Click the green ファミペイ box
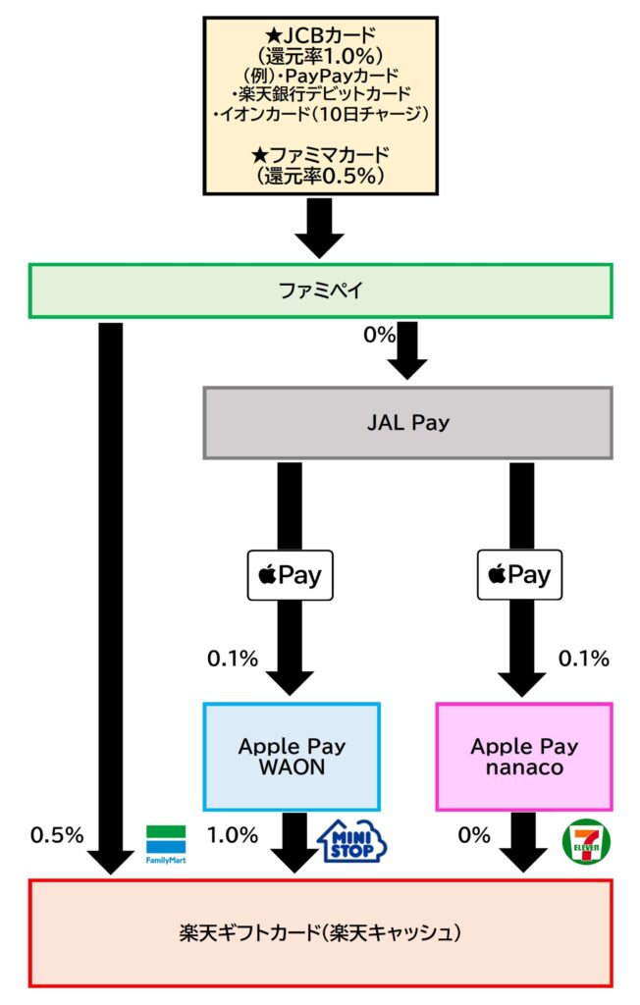pyautogui.click(x=320, y=291)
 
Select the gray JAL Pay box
pyautogui.click(x=407, y=423)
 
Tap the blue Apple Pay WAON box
pyautogui.click(x=292, y=756)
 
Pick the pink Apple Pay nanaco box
pyautogui.click(x=524, y=756)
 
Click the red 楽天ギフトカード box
pyautogui.click(x=320, y=932)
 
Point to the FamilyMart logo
pyautogui.click(x=165, y=845)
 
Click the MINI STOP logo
pyautogui.click(x=353, y=842)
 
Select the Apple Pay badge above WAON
pyautogui.click(x=290, y=575)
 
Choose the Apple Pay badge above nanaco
pyautogui.click(x=520, y=575)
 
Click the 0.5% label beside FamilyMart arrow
pyautogui.click(x=57, y=835)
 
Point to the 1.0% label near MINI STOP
pyautogui.click(x=233, y=835)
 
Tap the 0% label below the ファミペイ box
pyautogui.click(x=379, y=336)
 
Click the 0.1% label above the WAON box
pyautogui.click(x=232, y=658)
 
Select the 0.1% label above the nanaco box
pyautogui.click(x=583, y=658)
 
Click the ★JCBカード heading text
pyautogui.click(x=320, y=36)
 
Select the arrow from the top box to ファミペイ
pyautogui.click(x=320, y=228)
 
